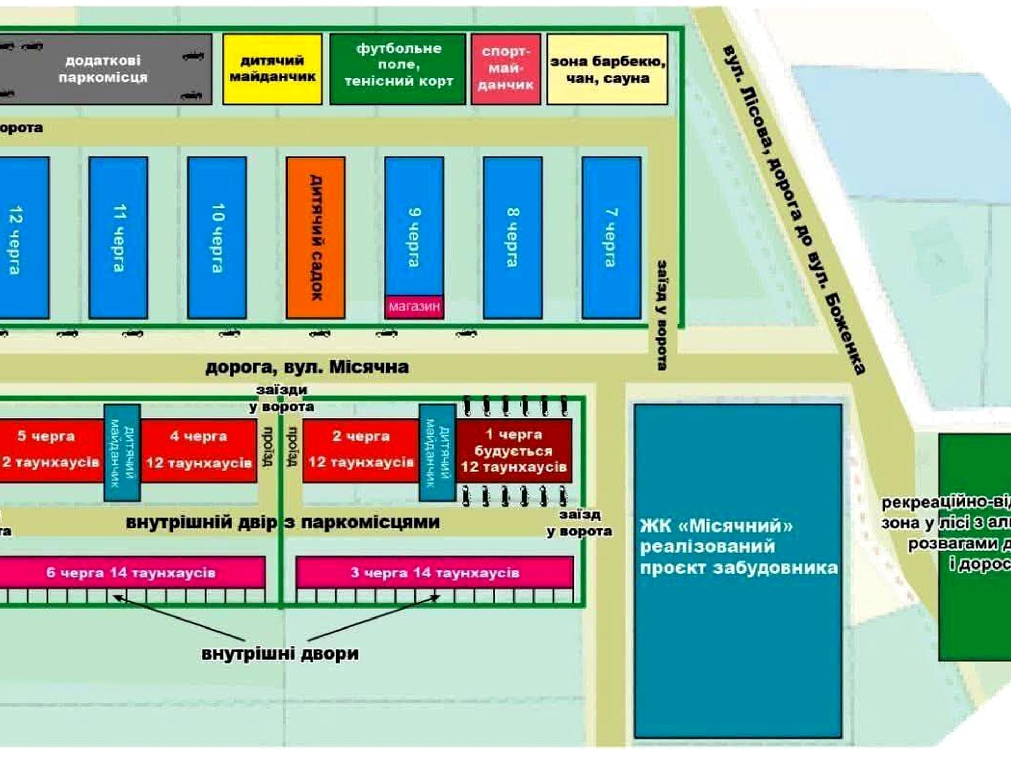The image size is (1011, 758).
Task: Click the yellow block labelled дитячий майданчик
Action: tap(272, 69)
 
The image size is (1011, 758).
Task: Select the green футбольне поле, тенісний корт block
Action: tap(398, 69)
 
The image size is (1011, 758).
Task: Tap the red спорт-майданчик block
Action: tap(506, 69)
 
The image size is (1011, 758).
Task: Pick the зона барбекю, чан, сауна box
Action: tap(607, 69)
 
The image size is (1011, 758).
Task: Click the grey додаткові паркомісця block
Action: tap(105, 69)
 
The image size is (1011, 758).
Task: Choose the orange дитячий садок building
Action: tap(315, 237)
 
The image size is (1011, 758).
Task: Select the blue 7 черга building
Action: tap(611, 237)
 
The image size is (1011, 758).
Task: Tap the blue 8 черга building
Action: tap(513, 237)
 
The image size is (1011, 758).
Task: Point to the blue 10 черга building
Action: tap(217, 237)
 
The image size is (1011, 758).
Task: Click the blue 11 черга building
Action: tap(118, 237)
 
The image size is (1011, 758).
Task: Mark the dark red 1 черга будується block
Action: tap(514, 451)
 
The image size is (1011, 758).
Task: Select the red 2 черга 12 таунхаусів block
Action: tap(361, 451)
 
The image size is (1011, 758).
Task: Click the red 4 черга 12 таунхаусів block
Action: tap(199, 451)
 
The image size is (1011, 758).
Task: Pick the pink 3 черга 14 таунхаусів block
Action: tap(435, 572)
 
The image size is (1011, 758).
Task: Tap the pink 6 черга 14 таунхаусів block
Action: tap(132, 572)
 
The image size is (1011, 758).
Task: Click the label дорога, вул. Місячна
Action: tap(307, 367)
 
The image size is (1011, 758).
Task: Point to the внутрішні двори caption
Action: tap(280, 654)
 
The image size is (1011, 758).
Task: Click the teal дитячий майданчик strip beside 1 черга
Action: tap(437, 453)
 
